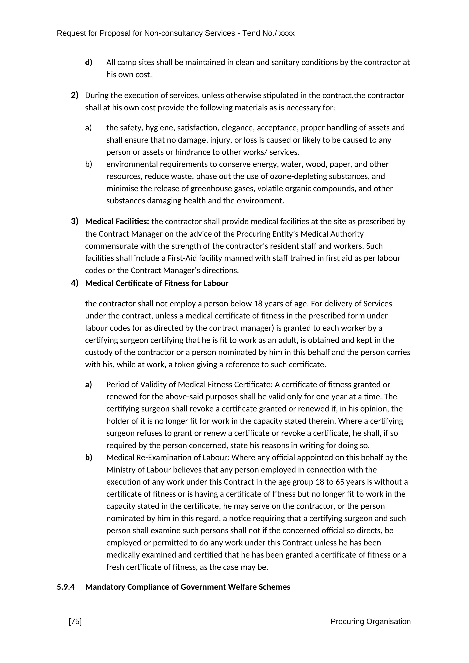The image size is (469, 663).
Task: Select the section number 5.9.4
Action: pos(66,587)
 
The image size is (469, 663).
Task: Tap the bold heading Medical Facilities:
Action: pos(117,222)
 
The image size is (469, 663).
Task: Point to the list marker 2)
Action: pos(74,95)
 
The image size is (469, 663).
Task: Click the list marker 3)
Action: pos(74,221)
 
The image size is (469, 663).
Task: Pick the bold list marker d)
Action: pos(88,62)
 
